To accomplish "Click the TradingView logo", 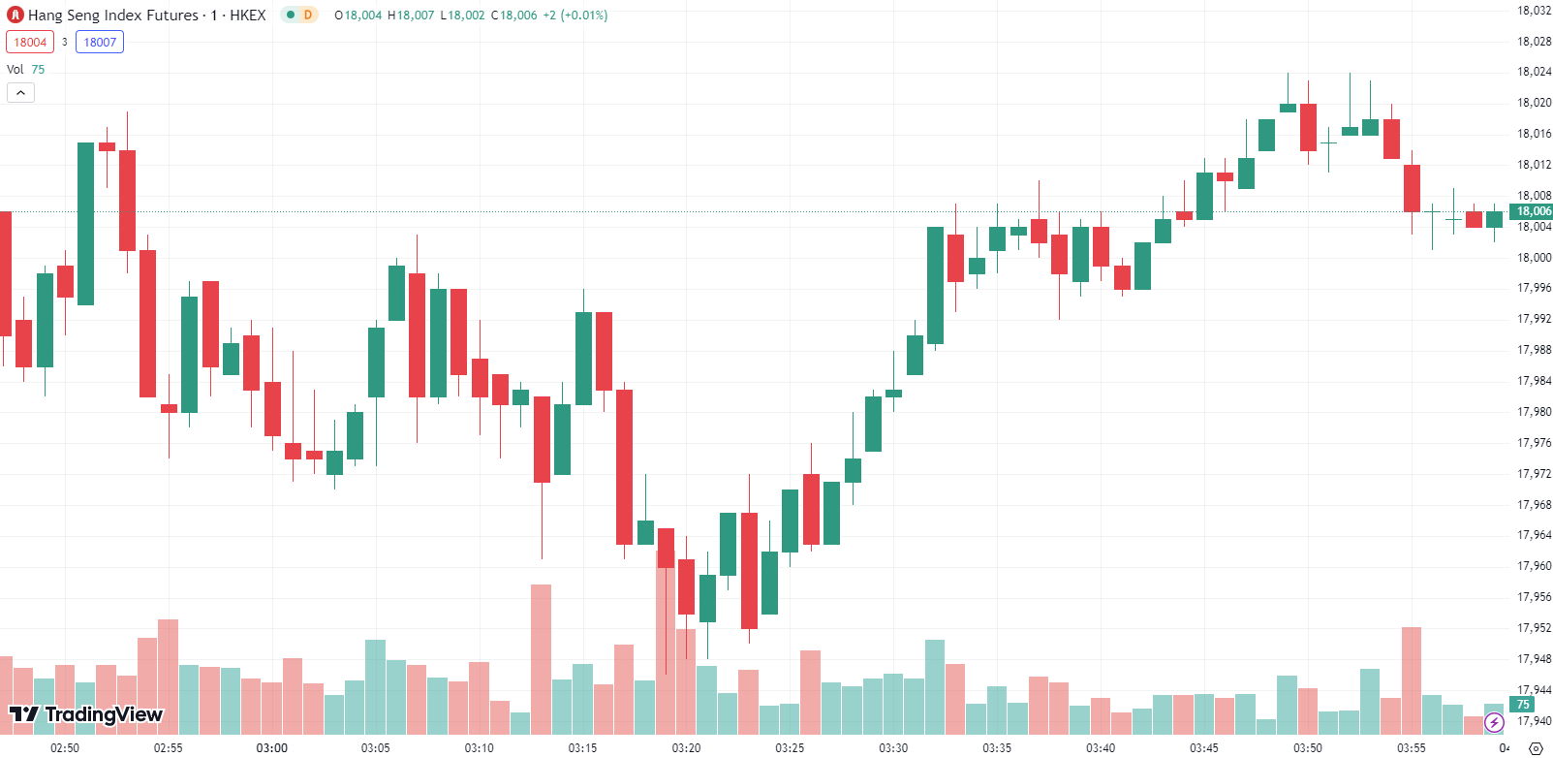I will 86,715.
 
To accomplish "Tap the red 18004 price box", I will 30,42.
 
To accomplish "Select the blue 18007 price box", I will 100,42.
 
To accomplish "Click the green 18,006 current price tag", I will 1533,211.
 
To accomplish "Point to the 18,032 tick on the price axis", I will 1534,11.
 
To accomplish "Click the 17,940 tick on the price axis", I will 1534,721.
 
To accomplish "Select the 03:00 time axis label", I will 272,747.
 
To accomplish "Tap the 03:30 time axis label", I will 893,747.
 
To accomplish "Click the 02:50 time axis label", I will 65,747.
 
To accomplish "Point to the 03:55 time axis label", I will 1412,747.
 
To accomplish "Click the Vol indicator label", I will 16,69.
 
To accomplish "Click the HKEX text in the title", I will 247,16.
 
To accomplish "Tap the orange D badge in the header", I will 308,15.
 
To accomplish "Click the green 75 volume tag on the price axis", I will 1523,705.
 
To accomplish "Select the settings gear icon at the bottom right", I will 1536,747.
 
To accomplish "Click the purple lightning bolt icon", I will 1494,722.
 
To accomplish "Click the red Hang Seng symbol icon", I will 16,16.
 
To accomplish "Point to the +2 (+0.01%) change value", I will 575,16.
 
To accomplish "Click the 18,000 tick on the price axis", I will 1534,258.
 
